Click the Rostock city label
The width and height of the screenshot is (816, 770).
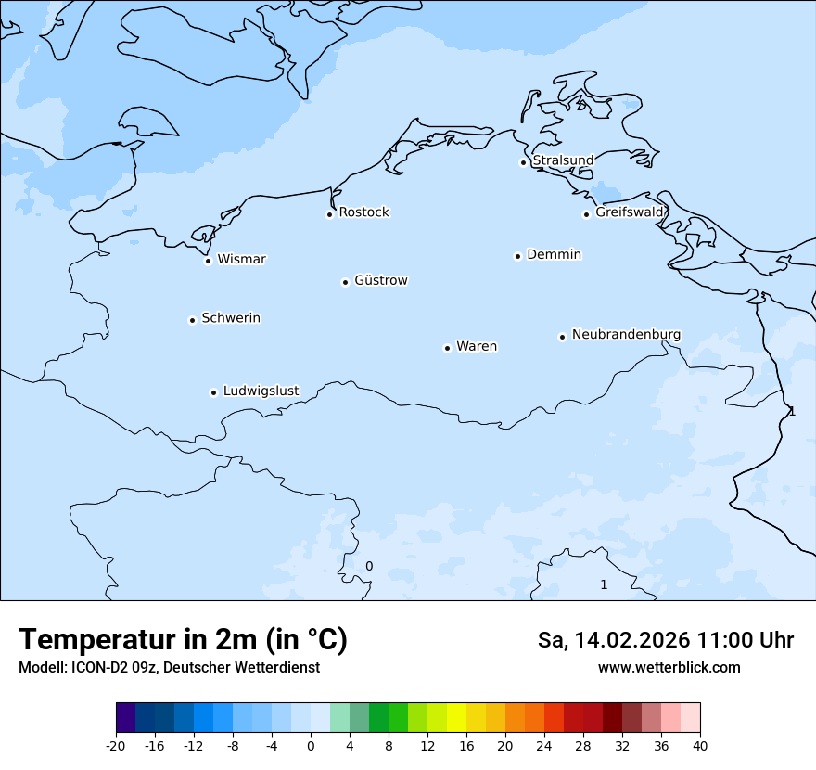pos(363,212)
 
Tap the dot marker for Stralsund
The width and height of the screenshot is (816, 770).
pos(523,162)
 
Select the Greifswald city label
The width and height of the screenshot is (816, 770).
pos(630,212)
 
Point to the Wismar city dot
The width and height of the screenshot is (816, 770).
pos(209,261)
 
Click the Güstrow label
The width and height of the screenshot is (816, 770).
pos(380,280)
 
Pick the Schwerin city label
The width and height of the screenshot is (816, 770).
pos(231,318)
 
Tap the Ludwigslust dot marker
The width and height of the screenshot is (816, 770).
pos(213,392)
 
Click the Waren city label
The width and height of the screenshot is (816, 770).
pos(477,346)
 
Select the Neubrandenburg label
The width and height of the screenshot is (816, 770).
pos(626,334)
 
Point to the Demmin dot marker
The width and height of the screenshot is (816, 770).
pos(517,256)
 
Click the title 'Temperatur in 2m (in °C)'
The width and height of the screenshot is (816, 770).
pos(183,639)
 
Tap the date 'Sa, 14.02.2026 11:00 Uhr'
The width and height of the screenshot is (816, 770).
pos(665,640)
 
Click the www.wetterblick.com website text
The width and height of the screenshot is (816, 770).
pos(669,667)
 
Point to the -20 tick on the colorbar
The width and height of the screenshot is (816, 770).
pos(116,745)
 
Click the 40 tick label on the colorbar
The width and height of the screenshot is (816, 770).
pos(700,745)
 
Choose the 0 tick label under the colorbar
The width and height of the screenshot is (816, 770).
pos(311,745)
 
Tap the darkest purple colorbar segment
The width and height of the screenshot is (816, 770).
pos(125,718)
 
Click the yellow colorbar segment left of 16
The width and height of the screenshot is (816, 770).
pos(456,718)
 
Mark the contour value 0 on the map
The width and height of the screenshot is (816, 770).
pos(369,566)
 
